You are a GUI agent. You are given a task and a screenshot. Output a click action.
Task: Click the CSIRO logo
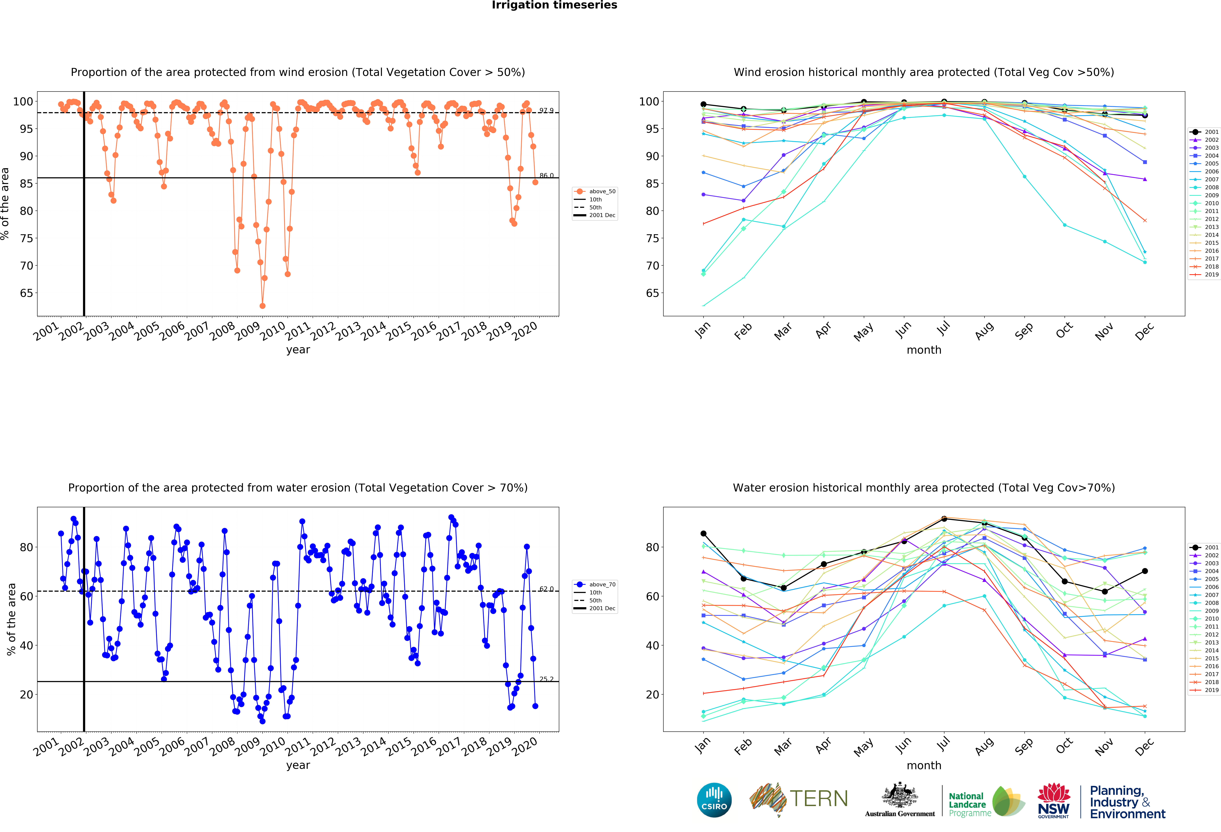714,800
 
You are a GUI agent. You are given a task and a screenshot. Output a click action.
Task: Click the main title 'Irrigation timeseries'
554,5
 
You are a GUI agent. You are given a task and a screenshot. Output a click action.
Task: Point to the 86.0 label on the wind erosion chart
546,175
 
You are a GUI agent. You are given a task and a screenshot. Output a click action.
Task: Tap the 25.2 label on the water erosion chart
546,679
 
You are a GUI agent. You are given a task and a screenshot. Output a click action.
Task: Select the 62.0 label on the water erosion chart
546,589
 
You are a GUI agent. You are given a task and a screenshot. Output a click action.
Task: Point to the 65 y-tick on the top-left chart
26,293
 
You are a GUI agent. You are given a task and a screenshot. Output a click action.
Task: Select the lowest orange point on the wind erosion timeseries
262,306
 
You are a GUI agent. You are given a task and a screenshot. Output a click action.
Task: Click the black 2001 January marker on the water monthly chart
703,534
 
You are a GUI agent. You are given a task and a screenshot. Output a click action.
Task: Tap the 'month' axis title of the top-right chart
924,350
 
